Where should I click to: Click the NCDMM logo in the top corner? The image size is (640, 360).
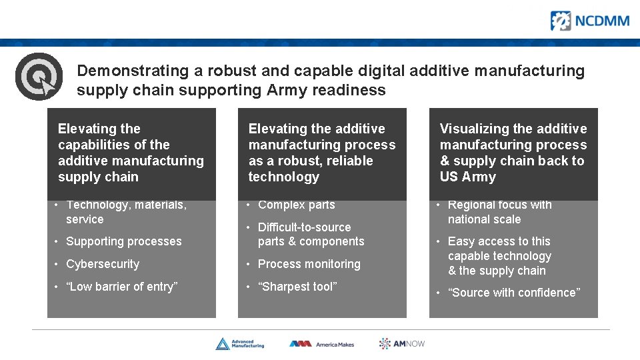coord(589,21)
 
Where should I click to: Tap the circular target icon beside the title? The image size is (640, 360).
coord(39,76)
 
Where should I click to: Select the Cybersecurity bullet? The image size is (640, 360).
coord(102,264)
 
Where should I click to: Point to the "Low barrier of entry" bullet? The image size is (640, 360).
coord(121,287)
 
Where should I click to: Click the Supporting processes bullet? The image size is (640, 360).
coord(123,241)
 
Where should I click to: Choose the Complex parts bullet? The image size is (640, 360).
coord(296,205)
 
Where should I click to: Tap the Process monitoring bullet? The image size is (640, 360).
coord(309,264)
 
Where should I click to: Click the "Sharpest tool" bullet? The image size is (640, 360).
coord(297,287)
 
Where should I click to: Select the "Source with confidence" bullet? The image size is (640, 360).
coord(513,293)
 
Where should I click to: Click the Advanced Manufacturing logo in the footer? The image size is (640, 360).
coord(240,344)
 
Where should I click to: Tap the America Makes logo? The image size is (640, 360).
coord(321,344)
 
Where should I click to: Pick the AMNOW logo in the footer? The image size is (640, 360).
coord(402,343)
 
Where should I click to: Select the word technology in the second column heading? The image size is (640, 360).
coord(283,177)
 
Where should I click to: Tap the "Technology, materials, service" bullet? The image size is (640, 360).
coord(125,212)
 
